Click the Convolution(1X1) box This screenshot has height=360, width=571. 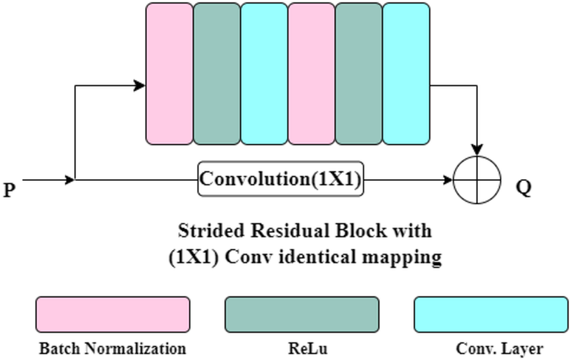(x=282, y=179)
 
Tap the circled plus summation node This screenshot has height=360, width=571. (x=477, y=179)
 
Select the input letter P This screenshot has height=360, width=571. (x=9, y=191)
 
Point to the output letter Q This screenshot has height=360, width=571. (x=523, y=187)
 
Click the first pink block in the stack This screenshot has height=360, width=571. (x=169, y=73)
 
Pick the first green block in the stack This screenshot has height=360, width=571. (x=217, y=73)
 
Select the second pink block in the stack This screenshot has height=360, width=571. (x=312, y=73)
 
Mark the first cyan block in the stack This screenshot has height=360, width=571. (x=264, y=73)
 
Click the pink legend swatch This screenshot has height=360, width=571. (x=112, y=315)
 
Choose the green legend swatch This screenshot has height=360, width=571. (x=302, y=315)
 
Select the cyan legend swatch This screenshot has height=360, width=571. (x=491, y=315)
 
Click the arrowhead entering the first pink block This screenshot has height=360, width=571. (x=140, y=84)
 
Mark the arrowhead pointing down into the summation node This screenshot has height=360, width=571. (x=477, y=150)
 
